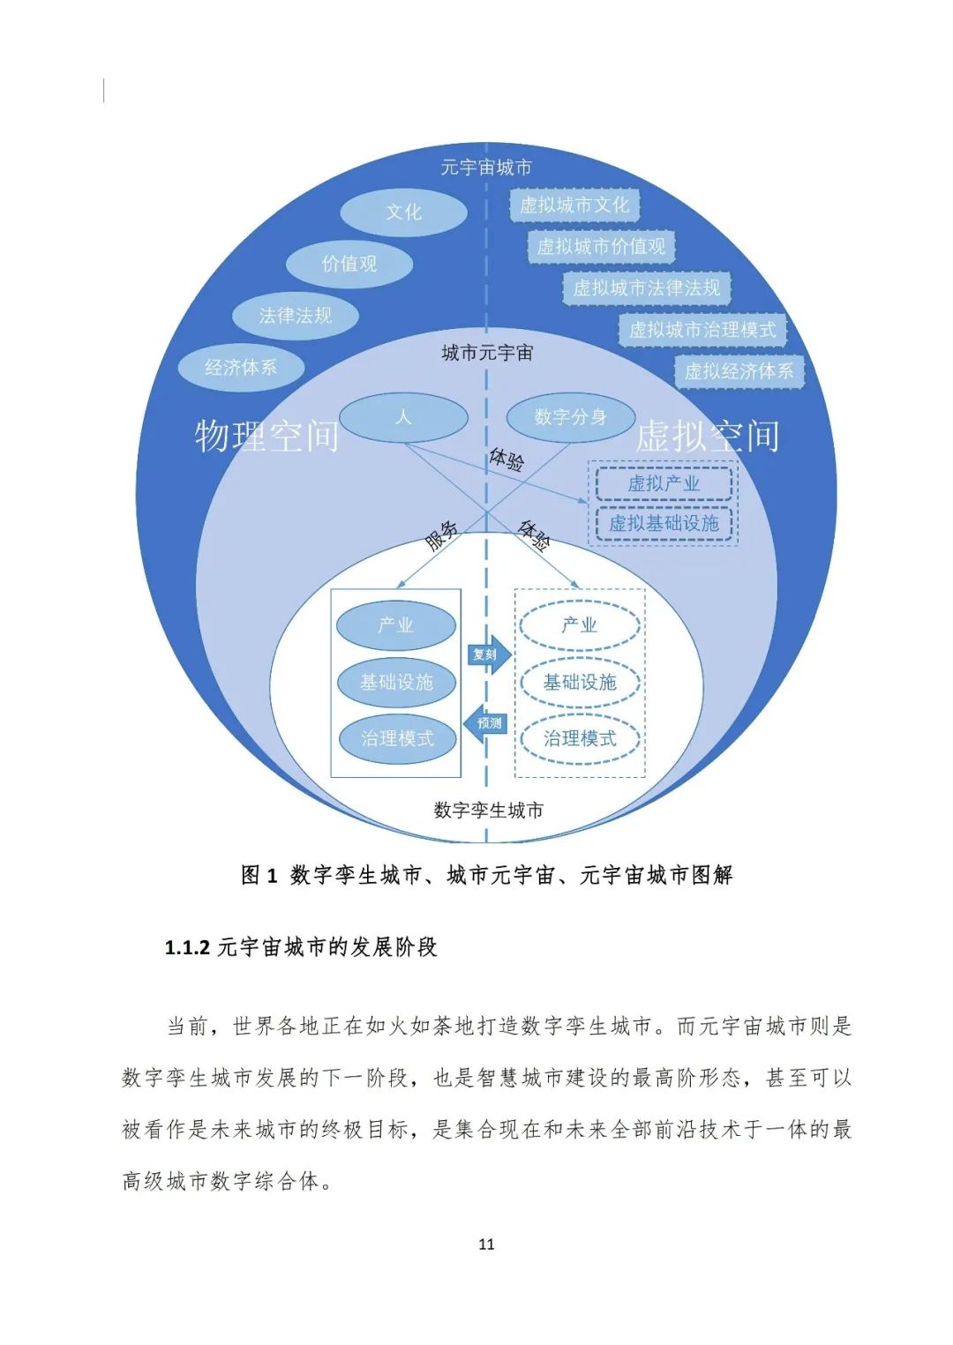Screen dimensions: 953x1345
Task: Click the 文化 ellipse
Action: (403, 213)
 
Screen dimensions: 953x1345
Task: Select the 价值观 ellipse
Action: (349, 264)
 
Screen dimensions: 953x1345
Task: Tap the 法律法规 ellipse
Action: (296, 316)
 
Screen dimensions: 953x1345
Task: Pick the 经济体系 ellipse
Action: (241, 368)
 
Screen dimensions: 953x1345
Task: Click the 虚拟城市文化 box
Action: (574, 205)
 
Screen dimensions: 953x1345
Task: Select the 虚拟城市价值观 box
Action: (601, 247)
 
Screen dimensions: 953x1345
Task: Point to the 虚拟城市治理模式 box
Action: (702, 330)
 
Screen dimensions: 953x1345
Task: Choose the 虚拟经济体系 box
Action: (739, 371)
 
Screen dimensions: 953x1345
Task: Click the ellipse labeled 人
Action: (403, 417)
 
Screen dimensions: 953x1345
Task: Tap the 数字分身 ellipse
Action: (570, 417)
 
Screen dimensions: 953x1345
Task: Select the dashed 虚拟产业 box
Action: (664, 483)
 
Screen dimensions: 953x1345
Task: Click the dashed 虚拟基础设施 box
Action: (664, 523)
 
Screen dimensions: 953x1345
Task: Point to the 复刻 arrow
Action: (488, 654)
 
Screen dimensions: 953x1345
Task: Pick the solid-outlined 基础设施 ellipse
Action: (396, 682)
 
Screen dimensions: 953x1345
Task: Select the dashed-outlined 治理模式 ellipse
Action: (580, 738)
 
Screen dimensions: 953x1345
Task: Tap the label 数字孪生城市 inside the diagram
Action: (488, 810)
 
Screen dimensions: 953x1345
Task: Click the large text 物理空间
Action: (266, 436)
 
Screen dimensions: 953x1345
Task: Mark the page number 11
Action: (486, 1244)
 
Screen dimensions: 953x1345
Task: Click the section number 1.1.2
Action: (187, 948)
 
